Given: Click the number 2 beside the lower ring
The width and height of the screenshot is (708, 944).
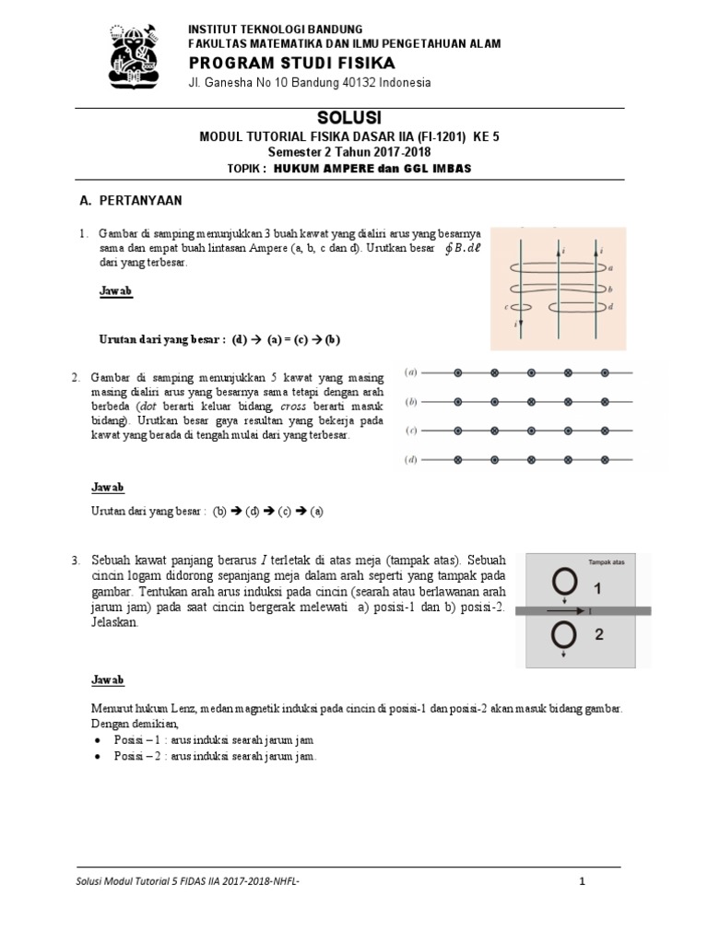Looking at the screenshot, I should click(x=600, y=635).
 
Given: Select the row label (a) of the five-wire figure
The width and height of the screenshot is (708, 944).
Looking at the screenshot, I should click(x=412, y=373).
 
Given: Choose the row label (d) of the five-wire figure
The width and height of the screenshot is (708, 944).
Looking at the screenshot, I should click(x=412, y=458).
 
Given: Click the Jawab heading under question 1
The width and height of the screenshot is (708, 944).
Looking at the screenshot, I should click(x=115, y=291).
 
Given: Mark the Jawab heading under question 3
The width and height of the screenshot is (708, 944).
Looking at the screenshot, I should click(x=108, y=680).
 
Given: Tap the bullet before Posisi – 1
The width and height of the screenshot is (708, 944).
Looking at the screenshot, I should click(x=99, y=740).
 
